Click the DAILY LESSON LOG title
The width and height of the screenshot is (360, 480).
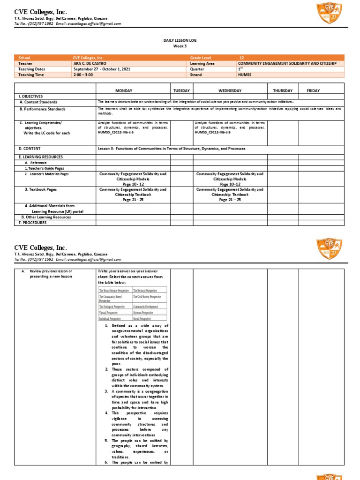pyautogui.click(x=180, y=41)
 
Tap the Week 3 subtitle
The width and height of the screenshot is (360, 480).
pyautogui.click(x=180, y=46)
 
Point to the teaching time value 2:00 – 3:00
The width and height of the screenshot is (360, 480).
pyautogui.click(x=83, y=75)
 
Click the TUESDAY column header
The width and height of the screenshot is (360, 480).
pyautogui.click(x=181, y=90)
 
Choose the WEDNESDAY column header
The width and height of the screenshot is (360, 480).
pyautogui.click(x=230, y=90)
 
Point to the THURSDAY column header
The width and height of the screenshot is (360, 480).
pyautogui.click(x=283, y=90)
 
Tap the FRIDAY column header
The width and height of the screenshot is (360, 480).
pyautogui.click(x=313, y=90)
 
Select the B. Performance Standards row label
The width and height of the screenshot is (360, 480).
pyautogui.click(x=43, y=109)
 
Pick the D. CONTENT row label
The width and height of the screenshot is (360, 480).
pyautogui.click(x=30, y=148)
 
